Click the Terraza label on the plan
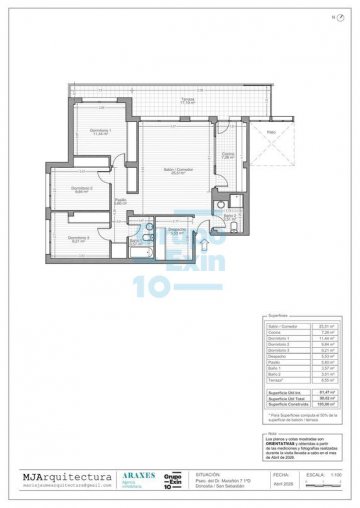click(187, 99)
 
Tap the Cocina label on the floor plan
click(227, 153)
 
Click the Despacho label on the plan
click(176, 230)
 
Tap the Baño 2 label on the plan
click(229, 217)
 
